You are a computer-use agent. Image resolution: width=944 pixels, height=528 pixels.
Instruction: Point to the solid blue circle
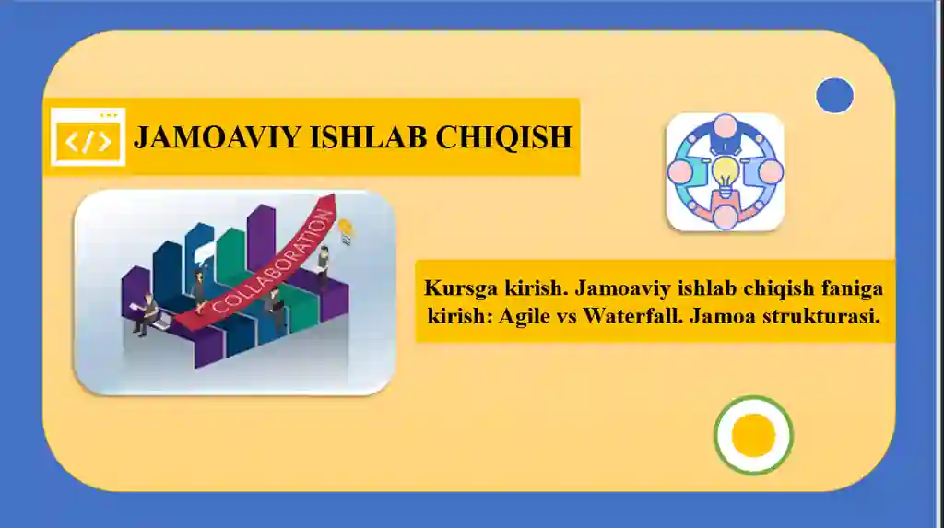pos(834,96)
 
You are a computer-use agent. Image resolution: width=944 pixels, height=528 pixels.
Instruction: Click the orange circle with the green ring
pos(753,435)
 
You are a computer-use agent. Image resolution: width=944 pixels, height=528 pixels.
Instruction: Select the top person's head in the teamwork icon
pos(726,125)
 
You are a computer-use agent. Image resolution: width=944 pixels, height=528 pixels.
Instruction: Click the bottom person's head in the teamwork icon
pos(726,217)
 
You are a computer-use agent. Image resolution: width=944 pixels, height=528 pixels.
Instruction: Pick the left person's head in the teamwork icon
pos(679,171)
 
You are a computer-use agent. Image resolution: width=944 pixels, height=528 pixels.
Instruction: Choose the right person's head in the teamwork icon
pos(772,171)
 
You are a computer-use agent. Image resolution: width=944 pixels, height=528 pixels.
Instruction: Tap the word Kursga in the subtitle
pos(455,288)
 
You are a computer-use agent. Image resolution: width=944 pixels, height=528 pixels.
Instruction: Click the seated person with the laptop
pos(147,313)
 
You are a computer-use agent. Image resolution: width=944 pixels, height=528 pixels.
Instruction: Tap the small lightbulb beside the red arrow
pos(346,229)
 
